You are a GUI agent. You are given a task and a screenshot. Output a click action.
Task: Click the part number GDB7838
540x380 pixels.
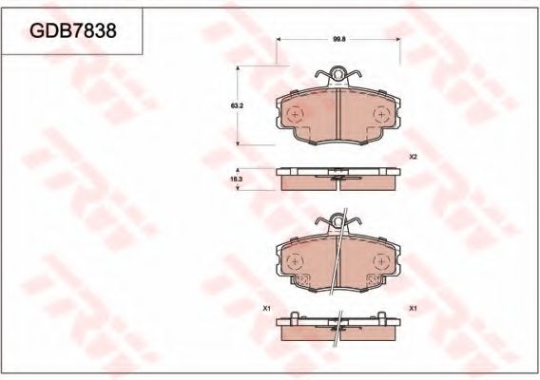pos(73,31)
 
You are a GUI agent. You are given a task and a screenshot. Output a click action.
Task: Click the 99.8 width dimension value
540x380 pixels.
pos(338,39)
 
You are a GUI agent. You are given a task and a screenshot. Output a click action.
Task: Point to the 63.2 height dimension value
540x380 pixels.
pos(237,106)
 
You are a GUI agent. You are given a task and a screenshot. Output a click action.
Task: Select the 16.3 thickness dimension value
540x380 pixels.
pos(237,180)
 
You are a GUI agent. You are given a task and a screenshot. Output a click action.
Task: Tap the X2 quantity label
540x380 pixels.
pos(414,157)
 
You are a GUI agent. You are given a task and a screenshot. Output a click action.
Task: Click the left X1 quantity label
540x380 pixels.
pos(266,309)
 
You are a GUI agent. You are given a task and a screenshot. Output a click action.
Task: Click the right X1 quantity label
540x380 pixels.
pos(413,309)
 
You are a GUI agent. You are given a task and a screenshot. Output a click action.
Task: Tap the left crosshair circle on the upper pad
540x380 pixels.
pos(295,114)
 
